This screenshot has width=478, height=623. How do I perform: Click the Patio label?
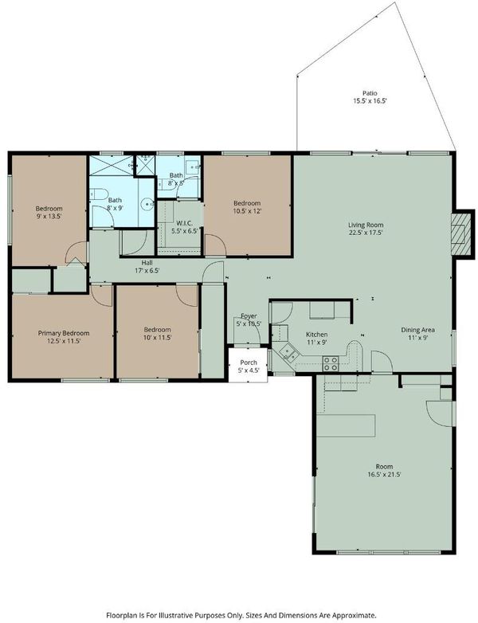[x=370, y=93]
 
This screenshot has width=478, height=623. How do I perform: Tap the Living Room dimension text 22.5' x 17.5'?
[x=366, y=233]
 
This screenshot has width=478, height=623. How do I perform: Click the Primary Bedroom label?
[x=64, y=333]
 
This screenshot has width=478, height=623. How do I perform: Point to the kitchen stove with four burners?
[x=330, y=363]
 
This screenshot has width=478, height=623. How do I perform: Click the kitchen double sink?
[x=288, y=352]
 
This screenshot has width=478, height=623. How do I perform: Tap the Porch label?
[x=249, y=362]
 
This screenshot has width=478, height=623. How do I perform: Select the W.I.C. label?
[x=184, y=224]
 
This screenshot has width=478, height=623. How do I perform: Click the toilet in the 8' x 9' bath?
[x=99, y=194]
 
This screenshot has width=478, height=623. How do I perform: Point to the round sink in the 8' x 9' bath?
[x=148, y=204]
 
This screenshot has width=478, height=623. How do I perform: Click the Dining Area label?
[x=417, y=330]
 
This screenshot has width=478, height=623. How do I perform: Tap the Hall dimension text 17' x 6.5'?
[x=147, y=271]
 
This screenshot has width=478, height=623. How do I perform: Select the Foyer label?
[x=249, y=315]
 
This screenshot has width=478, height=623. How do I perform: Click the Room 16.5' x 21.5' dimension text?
[x=384, y=474]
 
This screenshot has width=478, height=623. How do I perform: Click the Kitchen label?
[x=317, y=335]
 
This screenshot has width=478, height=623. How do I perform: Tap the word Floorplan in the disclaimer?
[x=120, y=615]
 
